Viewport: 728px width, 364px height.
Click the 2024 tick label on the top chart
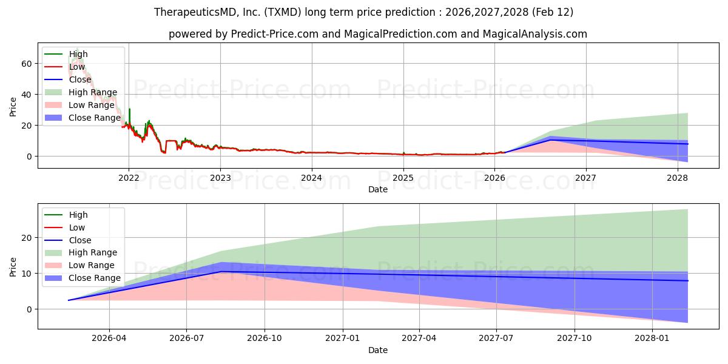pyautogui.click(x=312, y=178)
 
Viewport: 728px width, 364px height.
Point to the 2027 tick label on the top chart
pyautogui.click(x=586, y=178)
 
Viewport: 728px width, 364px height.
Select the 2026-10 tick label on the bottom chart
pyautogui.click(x=265, y=339)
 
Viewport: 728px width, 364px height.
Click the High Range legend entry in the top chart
pyautogui.click(x=93, y=92)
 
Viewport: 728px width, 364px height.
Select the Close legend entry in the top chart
pyautogui.click(x=80, y=79)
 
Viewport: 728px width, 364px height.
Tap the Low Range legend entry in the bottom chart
pyautogui.click(x=92, y=265)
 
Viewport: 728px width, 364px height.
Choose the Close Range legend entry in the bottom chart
pyautogui.click(x=95, y=278)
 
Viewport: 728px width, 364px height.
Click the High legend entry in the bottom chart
pyautogui.click(x=78, y=215)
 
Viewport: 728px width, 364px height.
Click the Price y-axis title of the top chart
pyautogui.click(x=13, y=107)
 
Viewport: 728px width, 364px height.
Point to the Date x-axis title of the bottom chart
pyautogui.click(x=377, y=350)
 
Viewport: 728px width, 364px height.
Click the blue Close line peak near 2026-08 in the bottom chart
pyautogui.click(x=222, y=271)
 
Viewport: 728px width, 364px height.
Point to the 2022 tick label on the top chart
pyautogui.click(x=129, y=178)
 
